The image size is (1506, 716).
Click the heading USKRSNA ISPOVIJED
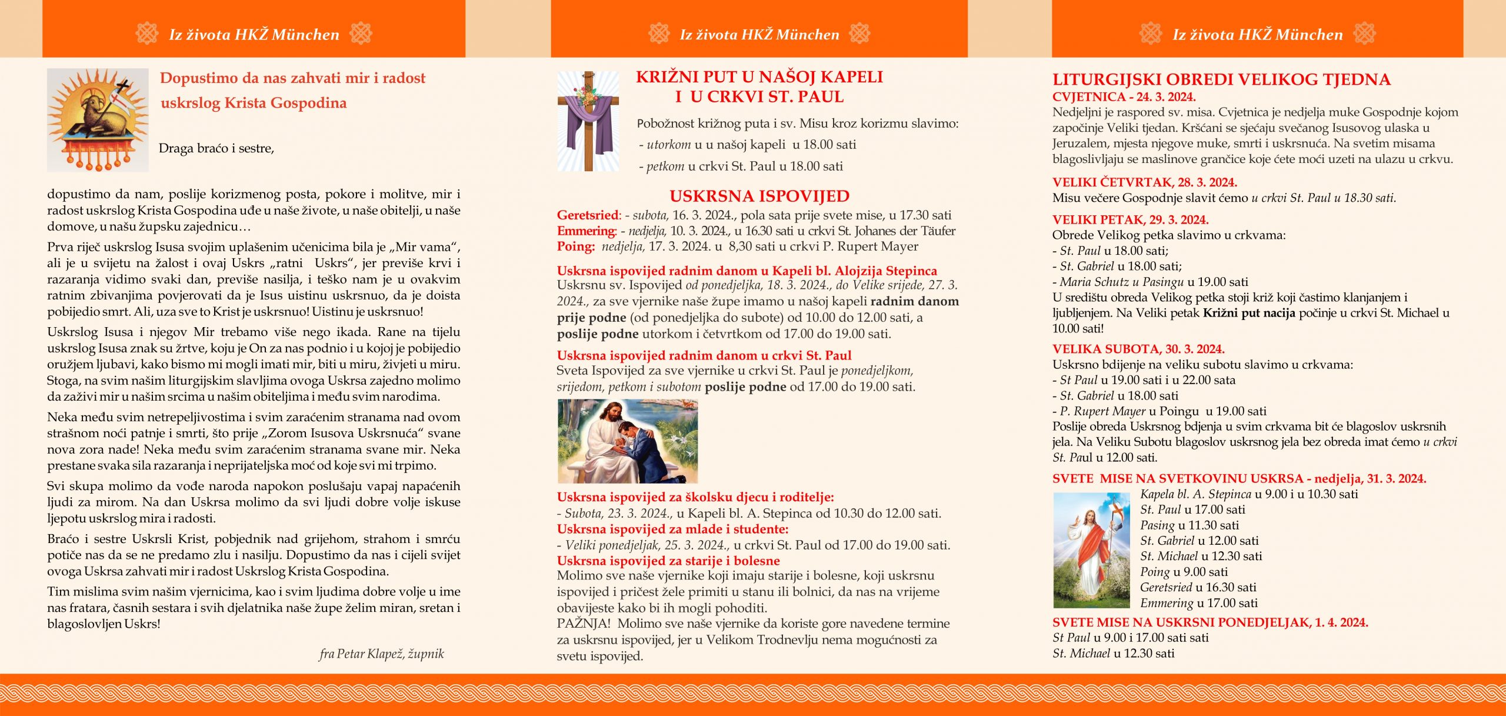point(759,197)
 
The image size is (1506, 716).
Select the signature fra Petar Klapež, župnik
point(381,654)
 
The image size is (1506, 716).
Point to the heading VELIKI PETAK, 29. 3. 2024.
point(1130,220)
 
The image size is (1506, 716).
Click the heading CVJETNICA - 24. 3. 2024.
point(1124,97)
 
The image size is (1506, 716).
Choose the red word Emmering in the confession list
point(586,231)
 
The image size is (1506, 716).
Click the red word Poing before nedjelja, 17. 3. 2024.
point(575,247)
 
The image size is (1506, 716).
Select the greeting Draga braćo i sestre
point(216,148)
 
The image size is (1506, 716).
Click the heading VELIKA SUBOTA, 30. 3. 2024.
point(1138,349)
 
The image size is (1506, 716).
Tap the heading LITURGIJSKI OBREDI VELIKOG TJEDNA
point(1221,79)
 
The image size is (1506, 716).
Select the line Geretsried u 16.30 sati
point(1198,587)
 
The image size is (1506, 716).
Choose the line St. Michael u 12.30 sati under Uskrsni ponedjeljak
point(1113,653)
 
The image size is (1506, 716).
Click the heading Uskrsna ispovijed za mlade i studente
point(672,529)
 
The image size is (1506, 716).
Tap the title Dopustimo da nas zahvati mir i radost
point(292,78)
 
